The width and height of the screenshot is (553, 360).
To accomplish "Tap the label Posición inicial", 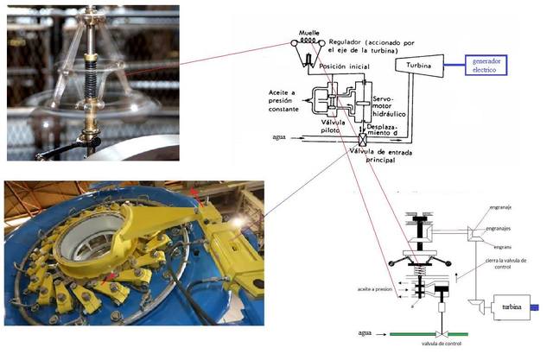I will [x=346, y=66].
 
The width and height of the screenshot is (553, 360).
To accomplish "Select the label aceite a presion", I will [x=365, y=291].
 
